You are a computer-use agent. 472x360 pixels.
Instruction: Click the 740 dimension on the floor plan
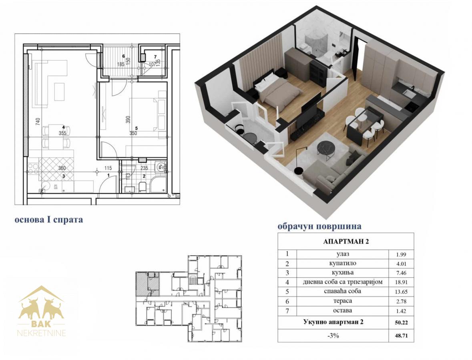38,122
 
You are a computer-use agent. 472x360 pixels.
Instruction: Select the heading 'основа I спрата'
49,220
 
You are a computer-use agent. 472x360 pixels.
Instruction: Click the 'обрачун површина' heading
319,226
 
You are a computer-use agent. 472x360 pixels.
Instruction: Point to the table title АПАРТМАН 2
346,242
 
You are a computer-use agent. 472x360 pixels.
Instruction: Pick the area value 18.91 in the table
401,282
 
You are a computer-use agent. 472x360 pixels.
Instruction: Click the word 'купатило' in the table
343,264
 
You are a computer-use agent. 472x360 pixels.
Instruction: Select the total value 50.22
401,323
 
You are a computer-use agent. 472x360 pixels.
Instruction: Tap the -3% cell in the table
333,336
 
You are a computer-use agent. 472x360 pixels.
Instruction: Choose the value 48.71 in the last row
401,336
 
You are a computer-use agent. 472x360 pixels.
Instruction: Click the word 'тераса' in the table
343,301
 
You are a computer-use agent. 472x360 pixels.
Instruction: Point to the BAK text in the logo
41,324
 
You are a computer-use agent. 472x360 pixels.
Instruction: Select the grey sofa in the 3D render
334,169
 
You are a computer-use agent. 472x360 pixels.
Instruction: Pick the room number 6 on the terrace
123,56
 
